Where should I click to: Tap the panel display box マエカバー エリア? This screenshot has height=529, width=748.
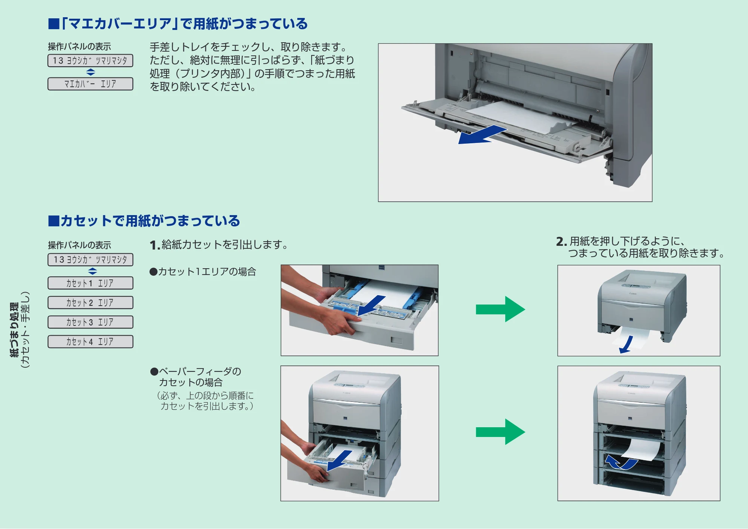tap(91, 84)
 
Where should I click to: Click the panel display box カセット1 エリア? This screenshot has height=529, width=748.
tap(91, 283)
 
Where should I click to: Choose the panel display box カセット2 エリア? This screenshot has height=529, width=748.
tap(91, 303)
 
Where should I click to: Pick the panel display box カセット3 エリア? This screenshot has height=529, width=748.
tap(91, 322)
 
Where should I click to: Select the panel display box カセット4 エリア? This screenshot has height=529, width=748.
tap(91, 342)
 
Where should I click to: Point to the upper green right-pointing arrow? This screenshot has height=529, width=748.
tap(500, 309)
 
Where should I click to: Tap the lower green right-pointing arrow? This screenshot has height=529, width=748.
tap(500, 432)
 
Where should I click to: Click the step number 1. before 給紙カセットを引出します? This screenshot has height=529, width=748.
tap(155, 245)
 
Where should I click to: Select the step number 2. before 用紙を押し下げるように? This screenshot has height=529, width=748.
tap(561, 242)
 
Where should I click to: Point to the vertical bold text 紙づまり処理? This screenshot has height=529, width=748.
tap(14, 330)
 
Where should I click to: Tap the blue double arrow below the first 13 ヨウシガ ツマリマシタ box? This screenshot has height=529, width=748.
tap(91, 72)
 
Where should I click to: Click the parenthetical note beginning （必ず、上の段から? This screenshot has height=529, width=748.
tap(205, 401)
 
